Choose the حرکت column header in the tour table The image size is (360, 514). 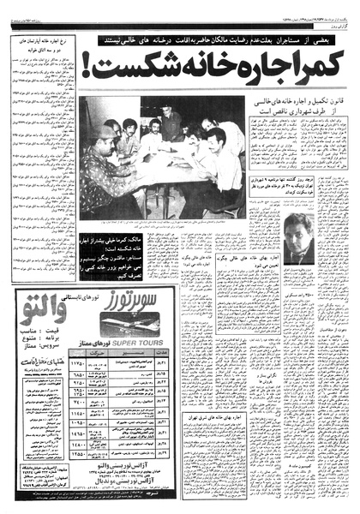point(95,362)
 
